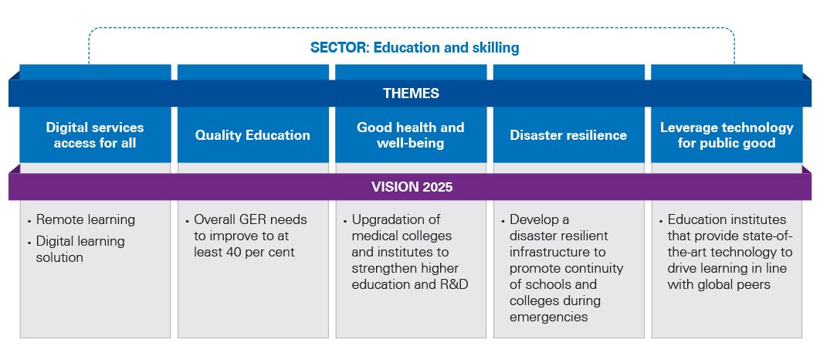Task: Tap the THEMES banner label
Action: (x=411, y=93)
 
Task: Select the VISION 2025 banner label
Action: (x=412, y=187)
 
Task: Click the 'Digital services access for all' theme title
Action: (x=95, y=135)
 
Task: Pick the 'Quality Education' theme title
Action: (x=252, y=135)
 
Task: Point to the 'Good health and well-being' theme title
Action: (x=411, y=135)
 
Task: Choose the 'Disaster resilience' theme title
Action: (x=568, y=135)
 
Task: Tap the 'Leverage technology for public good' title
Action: (x=727, y=135)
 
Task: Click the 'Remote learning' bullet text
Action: (x=86, y=219)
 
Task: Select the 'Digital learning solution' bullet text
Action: (x=80, y=249)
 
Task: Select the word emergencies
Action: (x=549, y=317)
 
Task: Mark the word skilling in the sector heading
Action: (x=496, y=48)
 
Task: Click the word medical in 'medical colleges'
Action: (x=374, y=236)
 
